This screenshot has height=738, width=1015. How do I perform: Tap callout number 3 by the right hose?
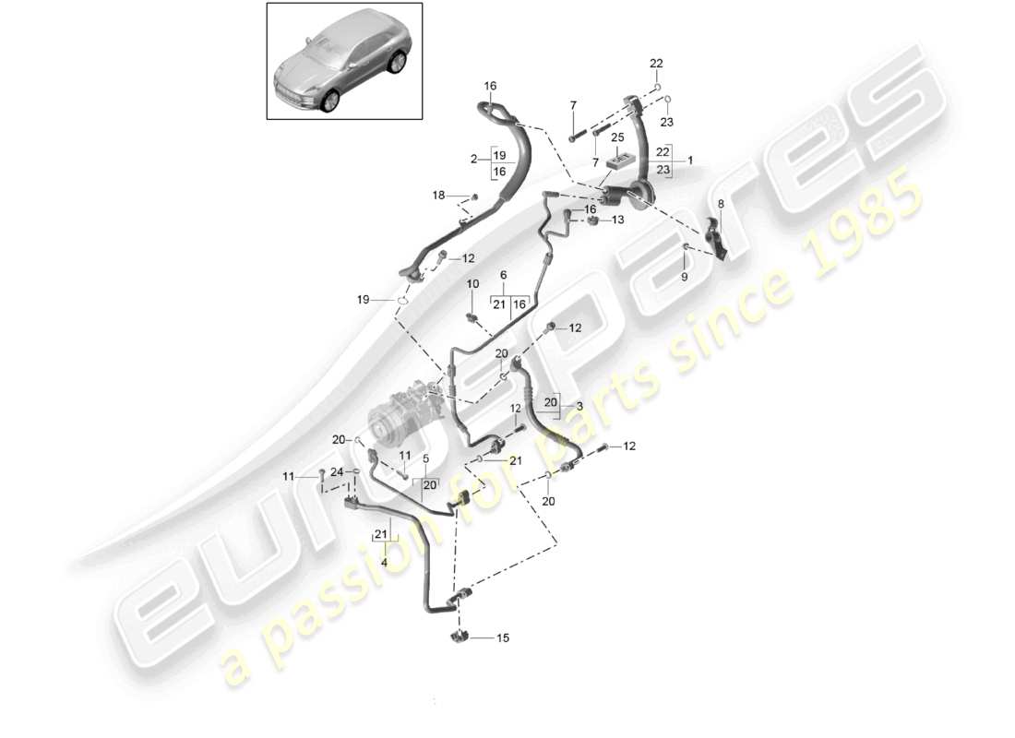tap(579, 407)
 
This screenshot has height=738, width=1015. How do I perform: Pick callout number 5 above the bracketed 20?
tap(425, 458)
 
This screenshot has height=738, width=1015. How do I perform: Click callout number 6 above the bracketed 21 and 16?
tap(504, 275)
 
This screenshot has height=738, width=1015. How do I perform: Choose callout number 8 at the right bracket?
tap(721, 203)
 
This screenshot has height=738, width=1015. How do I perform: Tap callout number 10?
tap(472, 283)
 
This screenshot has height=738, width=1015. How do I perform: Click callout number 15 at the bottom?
tap(503, 637)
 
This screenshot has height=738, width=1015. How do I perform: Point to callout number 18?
tap(439, 195)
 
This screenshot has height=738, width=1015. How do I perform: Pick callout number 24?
tap(338, 473)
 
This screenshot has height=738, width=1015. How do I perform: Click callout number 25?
tap(617, 137)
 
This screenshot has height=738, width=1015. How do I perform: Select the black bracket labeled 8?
tap(715, 236)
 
